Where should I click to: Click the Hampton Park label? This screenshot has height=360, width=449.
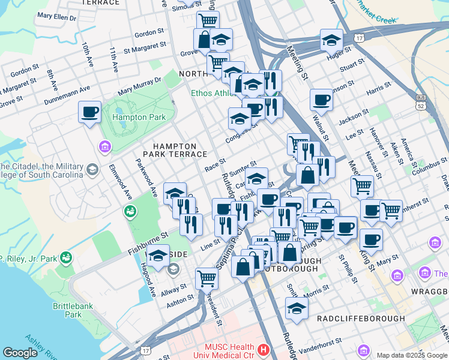click(x=139, y=117)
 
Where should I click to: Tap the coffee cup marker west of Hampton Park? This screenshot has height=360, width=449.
click(x=90, y=112)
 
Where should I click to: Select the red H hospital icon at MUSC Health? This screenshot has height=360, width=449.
click(x=262, y=349)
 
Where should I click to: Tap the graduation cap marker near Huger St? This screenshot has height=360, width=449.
click(x=331, y=40)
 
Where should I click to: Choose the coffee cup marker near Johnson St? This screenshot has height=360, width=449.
click(x=321, y=99)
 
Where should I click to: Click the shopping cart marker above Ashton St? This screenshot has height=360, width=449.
click(x=206, y=278)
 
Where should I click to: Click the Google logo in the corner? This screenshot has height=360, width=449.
click(x=20, y=353)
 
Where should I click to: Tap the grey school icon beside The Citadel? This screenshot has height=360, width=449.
click(x=92, y=170)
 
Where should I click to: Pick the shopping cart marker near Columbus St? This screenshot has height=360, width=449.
click(x=362, y=186)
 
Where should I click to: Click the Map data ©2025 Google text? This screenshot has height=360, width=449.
click(x=412, y=355)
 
